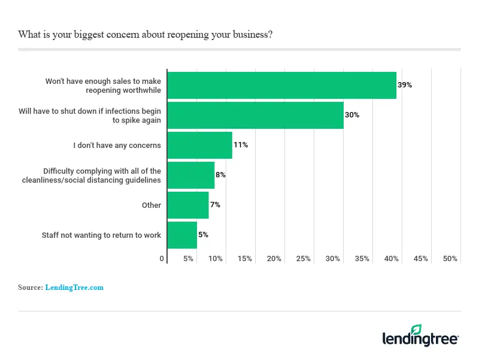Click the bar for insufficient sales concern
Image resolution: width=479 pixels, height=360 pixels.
point(281,85)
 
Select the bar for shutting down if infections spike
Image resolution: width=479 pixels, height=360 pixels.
point(255,115)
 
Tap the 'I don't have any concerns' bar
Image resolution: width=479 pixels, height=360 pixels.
point(199,145)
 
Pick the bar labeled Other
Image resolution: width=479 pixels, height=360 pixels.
point(188,205)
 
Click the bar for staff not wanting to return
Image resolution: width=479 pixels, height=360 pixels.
point(182,235)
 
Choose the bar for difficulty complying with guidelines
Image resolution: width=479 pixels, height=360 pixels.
point(190,175)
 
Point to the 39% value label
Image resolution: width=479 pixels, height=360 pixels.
point(405,85)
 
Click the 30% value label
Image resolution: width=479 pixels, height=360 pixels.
point(352,115)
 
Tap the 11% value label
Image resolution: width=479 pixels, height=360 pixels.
point(241,145)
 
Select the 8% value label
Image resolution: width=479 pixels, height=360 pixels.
point(220,175)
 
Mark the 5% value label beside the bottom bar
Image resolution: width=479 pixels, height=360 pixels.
point(203,235)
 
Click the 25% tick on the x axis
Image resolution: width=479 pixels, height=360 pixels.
point(304,259)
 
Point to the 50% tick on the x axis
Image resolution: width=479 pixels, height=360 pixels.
point(450,259)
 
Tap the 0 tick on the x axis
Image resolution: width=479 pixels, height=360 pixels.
point(162,259)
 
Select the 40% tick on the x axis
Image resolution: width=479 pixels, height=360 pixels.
point(392,259)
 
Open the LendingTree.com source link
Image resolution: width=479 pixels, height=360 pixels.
point(74,288)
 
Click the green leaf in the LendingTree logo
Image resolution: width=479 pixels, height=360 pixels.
point(416,329)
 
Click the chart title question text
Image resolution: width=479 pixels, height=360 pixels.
point(145,34)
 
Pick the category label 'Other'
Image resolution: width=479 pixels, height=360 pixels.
point(151,205)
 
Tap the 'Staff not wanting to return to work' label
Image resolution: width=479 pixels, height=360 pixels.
point(101,235)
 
